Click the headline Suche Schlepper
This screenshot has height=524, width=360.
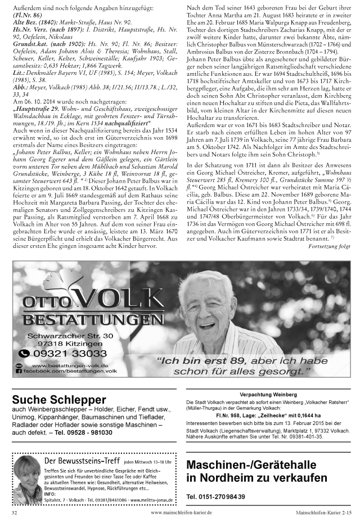(x=57, y=400)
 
